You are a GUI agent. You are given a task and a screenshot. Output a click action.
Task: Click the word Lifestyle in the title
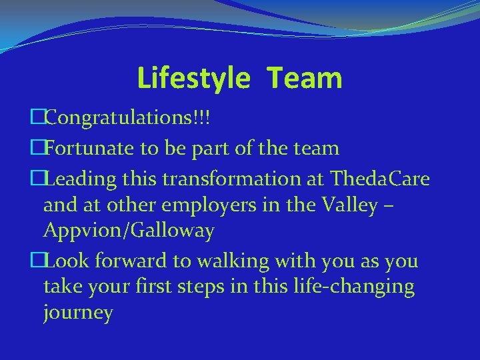coord(193,78)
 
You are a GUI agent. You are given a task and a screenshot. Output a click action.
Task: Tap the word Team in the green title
coord(305,78)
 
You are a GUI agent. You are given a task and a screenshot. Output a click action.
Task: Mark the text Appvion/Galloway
coord(128,231)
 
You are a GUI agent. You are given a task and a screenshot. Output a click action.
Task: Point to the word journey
coord(78,313)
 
